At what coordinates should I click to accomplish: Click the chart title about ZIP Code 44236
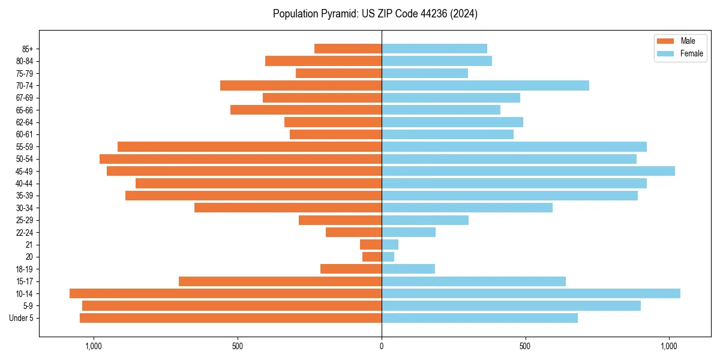pyautogui.click(x=375, y=14)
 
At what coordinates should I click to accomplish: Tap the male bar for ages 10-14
pyautogui.click(x=226, y=293)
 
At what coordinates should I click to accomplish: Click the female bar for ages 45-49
pyautogui.click(x=528, y=171)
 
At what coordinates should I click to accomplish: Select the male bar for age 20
pyautogui.click(x=372, y=257)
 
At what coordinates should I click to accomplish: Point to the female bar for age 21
pyautogui.click(x=390, y=245)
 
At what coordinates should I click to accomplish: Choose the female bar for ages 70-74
pyautogui.click(x=485, y=85)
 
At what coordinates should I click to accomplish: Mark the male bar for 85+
pyautogui.click(x=348, y=49)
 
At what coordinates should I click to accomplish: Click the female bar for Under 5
pyautogui.click(x=479, y=318)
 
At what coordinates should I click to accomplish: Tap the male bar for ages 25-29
pyautogui.click(x=340, y=220)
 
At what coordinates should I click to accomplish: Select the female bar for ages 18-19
pyautogui.click(x=408, y=269)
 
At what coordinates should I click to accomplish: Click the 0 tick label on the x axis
pyautogui.click(x=382, y=346)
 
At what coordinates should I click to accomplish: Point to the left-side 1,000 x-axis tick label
pyautogui.click(x=94, y=346)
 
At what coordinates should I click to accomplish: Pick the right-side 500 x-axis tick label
pyautogui.click(x=525, y=346)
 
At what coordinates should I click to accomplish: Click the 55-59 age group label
pyautogui.click(x=25, y=146)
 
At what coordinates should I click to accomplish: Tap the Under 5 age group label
pyautogui.click(x=22, y=318)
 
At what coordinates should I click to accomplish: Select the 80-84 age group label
pyautogui.click(x=25, y=61)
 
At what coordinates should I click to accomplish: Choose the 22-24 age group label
pyautogui.click(x=25, y=232)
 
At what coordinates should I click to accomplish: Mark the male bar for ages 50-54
pyautogui.click(x=241, y=159)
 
